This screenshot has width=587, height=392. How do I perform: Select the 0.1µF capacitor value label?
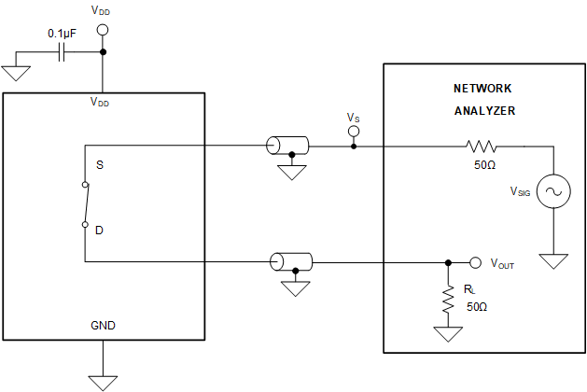(63, 35)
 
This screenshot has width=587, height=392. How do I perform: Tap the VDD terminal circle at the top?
(103, 31)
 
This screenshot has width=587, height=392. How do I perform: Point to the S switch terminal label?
(99, 164)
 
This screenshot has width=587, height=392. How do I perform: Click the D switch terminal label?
(99, 229)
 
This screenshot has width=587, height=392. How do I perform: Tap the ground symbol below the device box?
(103, 381)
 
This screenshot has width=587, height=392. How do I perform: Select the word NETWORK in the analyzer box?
(482, 89)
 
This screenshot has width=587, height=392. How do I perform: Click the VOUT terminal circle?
(475, 262)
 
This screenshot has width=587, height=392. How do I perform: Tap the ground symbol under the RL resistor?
(448, 333)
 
